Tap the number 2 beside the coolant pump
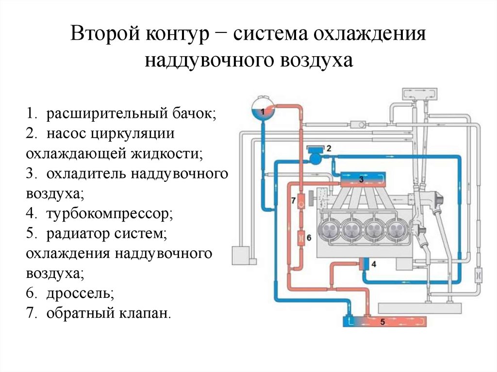click(x=329, y=148)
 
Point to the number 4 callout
click(x=374, y=264)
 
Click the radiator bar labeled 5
click(x=385, y=322)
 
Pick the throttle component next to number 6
click(x=301, y=237)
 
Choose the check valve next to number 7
click(x=301, y=201)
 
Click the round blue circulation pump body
click(x=315, y=158)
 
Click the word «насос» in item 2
click(x=66, y=134)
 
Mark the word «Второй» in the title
click(x=105, y=33)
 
